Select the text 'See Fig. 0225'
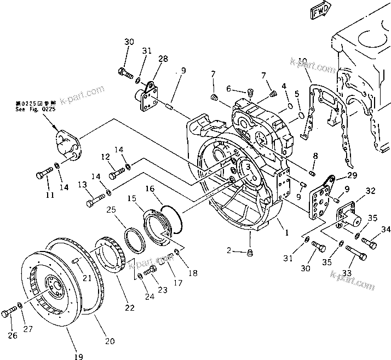[35, 109]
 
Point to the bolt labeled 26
[9, 312]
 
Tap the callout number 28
[163, 59]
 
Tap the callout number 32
[370, 191]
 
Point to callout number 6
[229, 90]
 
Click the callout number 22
[129, 308]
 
